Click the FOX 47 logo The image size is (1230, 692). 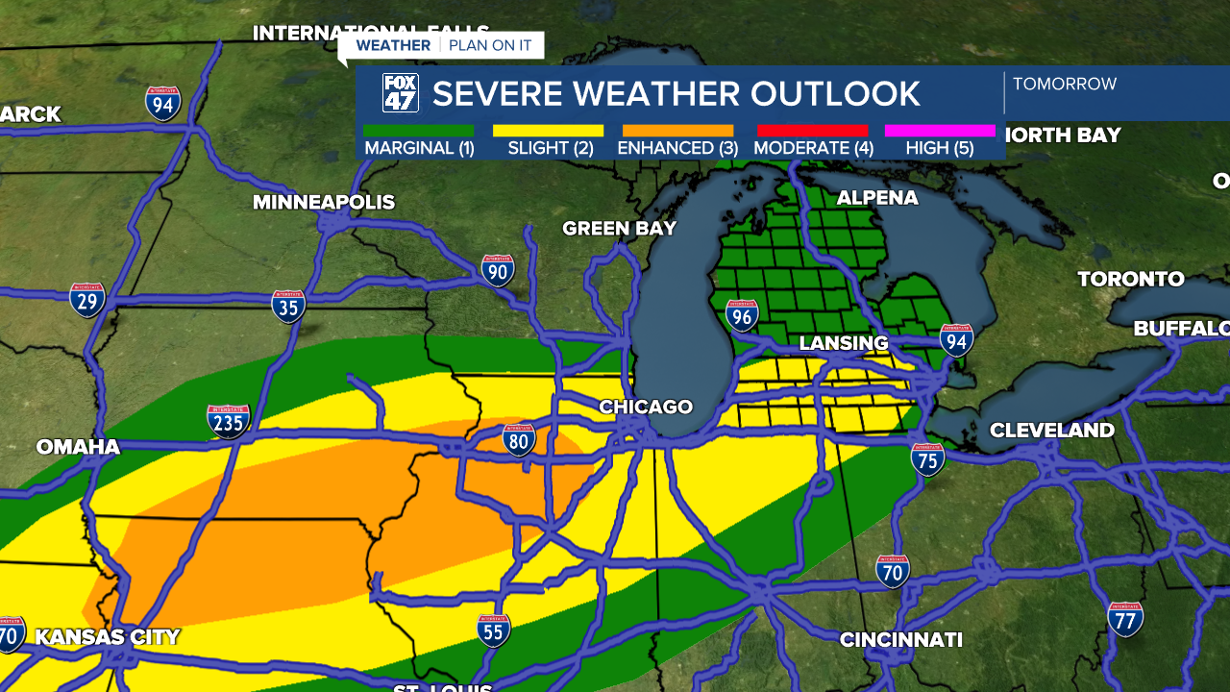(x=401, y=93)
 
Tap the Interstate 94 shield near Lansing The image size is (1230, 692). (x=956, y=340)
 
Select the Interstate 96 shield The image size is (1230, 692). (x=742, y=315)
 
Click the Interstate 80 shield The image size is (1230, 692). (x=519, y=441)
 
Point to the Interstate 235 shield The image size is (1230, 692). (x=229, y=421)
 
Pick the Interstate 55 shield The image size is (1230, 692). (x=494, y=630)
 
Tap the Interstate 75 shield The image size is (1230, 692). (x=928, y=459)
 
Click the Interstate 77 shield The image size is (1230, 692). (x=1125, y=619)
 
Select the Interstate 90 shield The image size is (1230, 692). (x=498, y=271)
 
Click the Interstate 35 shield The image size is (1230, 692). (x=288, y=307)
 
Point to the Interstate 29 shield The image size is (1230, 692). (x=87, y=300)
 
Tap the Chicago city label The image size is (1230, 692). (x=646, y=407)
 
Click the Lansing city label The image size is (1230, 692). (x=844, y=343)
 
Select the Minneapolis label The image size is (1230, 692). (x=324, y=202)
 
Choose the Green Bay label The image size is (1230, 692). (x=620, y=228)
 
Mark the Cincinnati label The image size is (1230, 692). (x=900, y=639)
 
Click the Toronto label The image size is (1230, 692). (x=1130, y=279)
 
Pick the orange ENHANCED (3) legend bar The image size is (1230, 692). (x=677, y=131)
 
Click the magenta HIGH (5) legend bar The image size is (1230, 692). (x=940, y=131)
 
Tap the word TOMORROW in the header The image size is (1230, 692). (x=1065, y=84)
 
